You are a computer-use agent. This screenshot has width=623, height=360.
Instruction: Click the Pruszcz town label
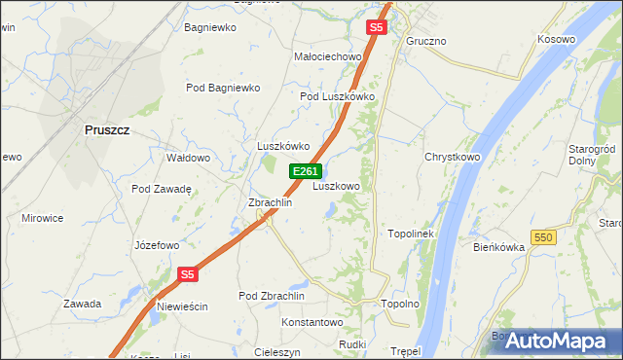pyautogui.click(x=107, y=129)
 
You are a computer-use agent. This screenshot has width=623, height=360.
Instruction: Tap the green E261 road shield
pyautogui.click(x=305, y=171)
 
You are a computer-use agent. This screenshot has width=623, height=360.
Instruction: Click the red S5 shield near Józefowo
pyautogui.click(x=189, y=275)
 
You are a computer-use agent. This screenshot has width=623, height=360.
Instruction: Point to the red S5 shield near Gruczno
pyautogui.click(x=377, y=28)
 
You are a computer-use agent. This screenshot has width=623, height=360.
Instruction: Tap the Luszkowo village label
pyautogui.click(x=337, y=186)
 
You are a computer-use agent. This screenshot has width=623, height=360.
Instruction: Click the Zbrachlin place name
pyautogui.click(x=271, y=202)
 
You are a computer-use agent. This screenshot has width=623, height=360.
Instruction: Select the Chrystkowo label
pyautogui.click(x=453, y=157)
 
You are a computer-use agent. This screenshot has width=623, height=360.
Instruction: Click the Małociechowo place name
pyautogui.click(x=328, y=57)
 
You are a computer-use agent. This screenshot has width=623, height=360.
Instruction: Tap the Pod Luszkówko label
pyautogui.click(x=338, y=96)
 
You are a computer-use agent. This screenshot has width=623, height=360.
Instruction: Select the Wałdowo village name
pyautogui.click(x=189, y=158)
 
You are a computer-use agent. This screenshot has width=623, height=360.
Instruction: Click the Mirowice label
pyautogui.click(x=43, y=219)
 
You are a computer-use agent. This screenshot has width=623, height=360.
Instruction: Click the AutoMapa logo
pyautogui.click(x=557, y=341)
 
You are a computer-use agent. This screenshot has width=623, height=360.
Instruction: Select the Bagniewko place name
pyautogui.click(x=210, y=27)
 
